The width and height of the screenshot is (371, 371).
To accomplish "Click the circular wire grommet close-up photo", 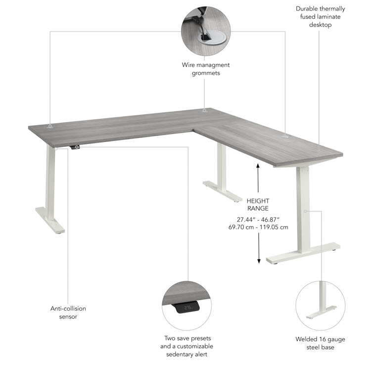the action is [206, 31].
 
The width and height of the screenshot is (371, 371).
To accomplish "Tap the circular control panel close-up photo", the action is [186, 306].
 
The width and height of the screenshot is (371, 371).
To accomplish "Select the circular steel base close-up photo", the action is [321, 306].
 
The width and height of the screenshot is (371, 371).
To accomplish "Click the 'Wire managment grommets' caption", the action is [206, 69].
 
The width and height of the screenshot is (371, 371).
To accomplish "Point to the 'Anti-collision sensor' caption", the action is [68, 312].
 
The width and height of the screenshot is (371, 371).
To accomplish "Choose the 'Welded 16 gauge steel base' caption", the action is [321, 343].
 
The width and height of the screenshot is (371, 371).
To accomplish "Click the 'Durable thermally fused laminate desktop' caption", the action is [321, 16].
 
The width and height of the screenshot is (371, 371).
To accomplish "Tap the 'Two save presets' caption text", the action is [187, 338].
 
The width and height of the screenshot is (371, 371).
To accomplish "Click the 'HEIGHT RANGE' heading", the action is [258, 205].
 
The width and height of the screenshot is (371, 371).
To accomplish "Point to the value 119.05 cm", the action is [274, 227].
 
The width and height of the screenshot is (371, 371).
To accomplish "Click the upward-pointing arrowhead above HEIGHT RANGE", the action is [258, 165].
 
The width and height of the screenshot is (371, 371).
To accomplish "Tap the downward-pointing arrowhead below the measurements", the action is [259, 261].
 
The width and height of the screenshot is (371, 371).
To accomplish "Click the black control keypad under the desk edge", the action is [75, 147].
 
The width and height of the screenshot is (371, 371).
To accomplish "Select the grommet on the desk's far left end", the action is [49, 126].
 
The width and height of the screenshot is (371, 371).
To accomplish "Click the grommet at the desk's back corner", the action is [204, 110].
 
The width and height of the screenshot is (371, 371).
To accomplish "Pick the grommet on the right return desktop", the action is [285, 136].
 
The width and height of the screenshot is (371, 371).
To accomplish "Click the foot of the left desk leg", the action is [50, 220].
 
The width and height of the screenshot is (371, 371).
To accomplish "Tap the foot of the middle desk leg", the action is [223, 191].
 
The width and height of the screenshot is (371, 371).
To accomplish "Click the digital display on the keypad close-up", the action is [188, 308].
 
